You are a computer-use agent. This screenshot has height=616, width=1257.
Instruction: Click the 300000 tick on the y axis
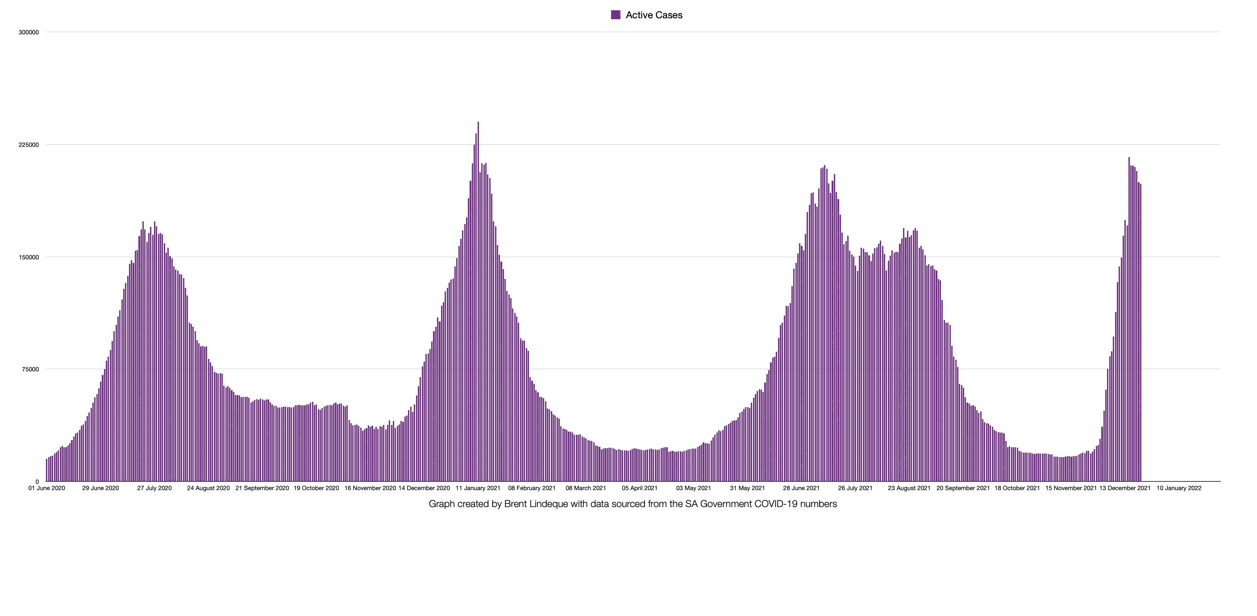[28, 32]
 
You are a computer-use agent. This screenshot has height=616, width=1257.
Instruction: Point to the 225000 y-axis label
[28, 145]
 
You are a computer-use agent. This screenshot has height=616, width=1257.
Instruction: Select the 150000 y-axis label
[28, 257]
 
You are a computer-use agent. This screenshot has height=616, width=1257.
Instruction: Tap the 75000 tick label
[30, 370]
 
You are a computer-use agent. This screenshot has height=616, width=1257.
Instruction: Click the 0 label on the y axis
[37, 482]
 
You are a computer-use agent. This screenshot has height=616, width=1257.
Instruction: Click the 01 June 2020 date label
[46, 488]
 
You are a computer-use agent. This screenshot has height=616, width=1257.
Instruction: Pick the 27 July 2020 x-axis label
[154, 488]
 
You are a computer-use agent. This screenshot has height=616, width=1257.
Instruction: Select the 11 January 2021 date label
[478, 488]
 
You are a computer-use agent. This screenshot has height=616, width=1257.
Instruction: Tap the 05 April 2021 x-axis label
[639, 488]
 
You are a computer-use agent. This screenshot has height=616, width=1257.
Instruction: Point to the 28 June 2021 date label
[801, 488]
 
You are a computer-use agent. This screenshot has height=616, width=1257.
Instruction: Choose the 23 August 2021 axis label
[909, 488]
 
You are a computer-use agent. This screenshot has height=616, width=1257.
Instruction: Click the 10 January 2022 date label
[1179, 488]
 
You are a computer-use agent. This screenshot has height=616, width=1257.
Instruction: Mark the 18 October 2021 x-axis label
[1017, 488]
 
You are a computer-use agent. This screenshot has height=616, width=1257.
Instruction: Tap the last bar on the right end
[1140, 332]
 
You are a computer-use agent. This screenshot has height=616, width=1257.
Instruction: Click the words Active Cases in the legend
[654, 15]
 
